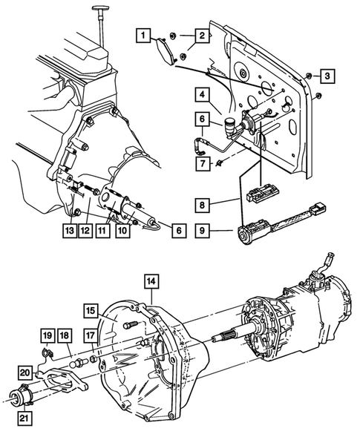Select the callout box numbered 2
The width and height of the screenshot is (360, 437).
pos(201,35)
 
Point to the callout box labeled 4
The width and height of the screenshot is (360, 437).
pos(203,94)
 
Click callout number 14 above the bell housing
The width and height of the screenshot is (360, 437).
pos(151,281)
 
